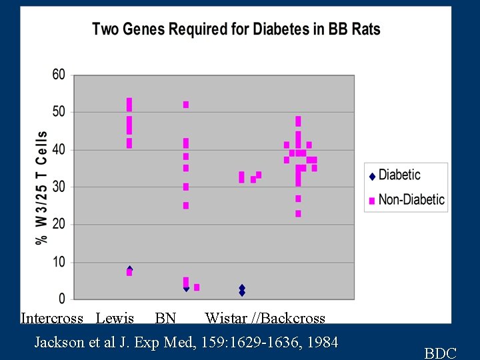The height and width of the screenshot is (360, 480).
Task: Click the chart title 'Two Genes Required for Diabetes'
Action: point(236,29)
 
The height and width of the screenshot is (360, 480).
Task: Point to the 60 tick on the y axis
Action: point(59,75)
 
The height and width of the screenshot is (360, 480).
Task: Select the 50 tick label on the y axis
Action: point(59,111)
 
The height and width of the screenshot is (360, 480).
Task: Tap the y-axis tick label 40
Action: point(59,149)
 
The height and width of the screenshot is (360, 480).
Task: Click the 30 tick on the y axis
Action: point(59,187)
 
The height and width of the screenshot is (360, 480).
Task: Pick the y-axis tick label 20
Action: point(59,224)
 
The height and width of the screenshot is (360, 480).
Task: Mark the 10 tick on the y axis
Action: point(59,262)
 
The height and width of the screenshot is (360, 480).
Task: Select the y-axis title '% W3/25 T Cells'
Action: point(42,187)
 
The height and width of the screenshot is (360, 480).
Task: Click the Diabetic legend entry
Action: point(399,175)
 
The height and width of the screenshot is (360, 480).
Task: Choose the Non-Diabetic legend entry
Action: point(411,199)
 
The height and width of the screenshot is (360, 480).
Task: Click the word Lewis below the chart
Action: point(115,318)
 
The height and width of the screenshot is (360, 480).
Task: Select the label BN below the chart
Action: point(165,318)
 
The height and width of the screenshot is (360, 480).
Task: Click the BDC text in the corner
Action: point(440,353)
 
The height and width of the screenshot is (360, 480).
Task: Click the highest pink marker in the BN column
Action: point(186,105)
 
